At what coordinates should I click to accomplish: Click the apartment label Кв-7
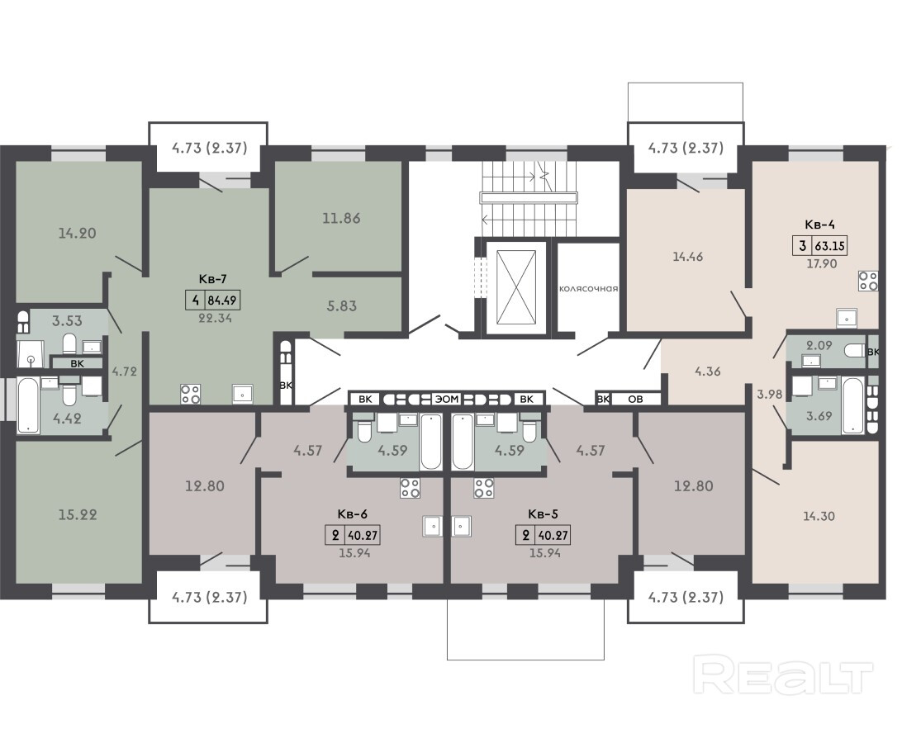pos(212,279)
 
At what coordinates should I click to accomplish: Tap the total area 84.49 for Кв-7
pos(222,301)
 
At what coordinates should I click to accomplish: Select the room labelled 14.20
pos(78,233)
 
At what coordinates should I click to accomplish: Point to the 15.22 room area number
pos(78,514)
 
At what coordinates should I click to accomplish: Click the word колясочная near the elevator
pos(589,289)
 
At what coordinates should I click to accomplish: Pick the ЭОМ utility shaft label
pos(447,399)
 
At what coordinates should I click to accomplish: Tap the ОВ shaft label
pos(635,399)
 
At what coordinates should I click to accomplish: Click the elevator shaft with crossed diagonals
pos(515,286)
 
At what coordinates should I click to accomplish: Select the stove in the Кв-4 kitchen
pos(867,281)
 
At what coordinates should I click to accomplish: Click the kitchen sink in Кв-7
pos(243,394)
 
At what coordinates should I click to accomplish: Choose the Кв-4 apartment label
pos(820,225)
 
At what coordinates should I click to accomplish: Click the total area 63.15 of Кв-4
pos(829,246)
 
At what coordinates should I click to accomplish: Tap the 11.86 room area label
pos(341,218)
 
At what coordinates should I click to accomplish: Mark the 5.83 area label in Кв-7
pos(341,305)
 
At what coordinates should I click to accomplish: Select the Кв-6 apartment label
pos(353,514)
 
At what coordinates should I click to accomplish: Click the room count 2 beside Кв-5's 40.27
pos(525,535)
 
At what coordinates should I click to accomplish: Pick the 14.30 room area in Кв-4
pos(819,516)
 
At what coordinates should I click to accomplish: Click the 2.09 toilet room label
pos(819,345)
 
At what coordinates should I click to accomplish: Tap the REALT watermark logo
pos(783,676)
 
